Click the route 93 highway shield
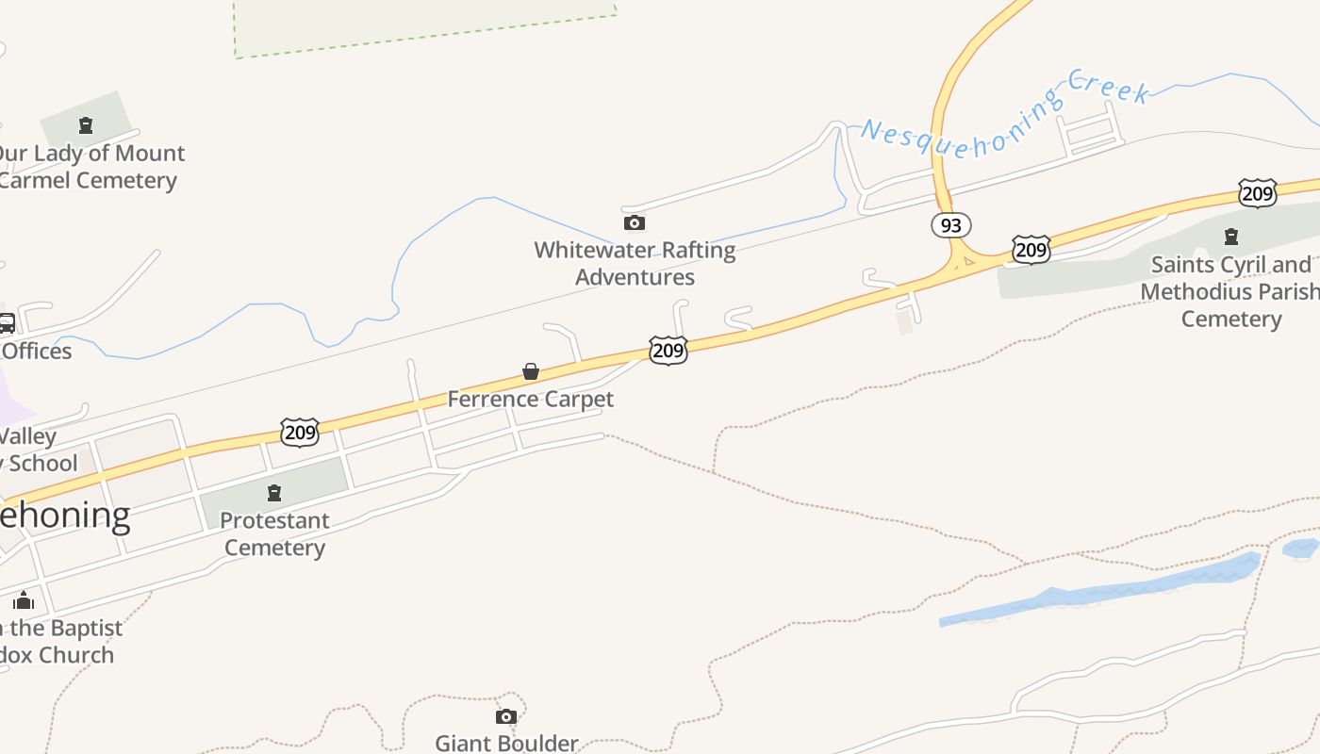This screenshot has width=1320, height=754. coord(950,225)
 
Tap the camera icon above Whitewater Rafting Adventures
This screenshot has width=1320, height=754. coord(635,223)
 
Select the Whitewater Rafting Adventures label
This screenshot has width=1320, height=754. coord(635,264)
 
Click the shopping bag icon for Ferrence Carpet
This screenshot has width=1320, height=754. coord(531,372)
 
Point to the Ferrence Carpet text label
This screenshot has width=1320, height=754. coord(530,399)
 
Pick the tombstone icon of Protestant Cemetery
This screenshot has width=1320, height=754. coord(274,492)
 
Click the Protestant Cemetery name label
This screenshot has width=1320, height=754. coord(274,533)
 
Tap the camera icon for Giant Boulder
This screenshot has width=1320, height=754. coord(506,717)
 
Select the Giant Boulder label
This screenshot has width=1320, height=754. coord(506,743)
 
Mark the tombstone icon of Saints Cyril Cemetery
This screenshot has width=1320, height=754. coord(1230,237)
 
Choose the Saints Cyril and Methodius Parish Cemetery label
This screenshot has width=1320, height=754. coord(1230,291)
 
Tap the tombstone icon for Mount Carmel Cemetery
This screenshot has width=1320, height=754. coord(86,125)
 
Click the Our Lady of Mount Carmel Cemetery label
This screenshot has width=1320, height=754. coord(89,167)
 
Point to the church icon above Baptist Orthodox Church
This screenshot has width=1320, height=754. coord(25,600)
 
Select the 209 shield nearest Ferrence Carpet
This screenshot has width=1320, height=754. coord(668,351)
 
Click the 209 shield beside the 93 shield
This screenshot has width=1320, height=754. coord(1031,250)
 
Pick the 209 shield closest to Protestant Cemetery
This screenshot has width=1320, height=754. coord(300,433)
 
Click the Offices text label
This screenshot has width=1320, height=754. coord(37,352)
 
